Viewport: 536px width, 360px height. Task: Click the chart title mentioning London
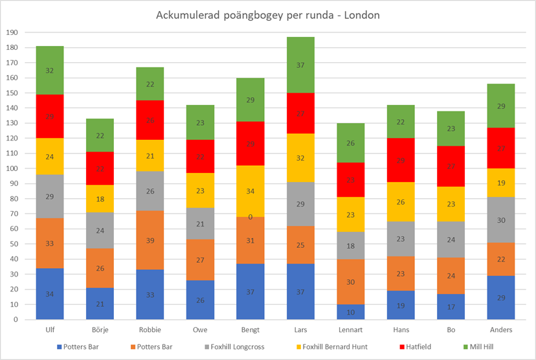(x=267, y=14)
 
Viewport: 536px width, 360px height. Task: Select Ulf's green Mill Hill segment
(x=50, y=71)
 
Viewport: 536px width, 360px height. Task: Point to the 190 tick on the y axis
(x=12, y=32)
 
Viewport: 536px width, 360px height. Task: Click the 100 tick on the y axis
(x=12, y=168)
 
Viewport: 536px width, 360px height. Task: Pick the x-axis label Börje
(x=100, y=329)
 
